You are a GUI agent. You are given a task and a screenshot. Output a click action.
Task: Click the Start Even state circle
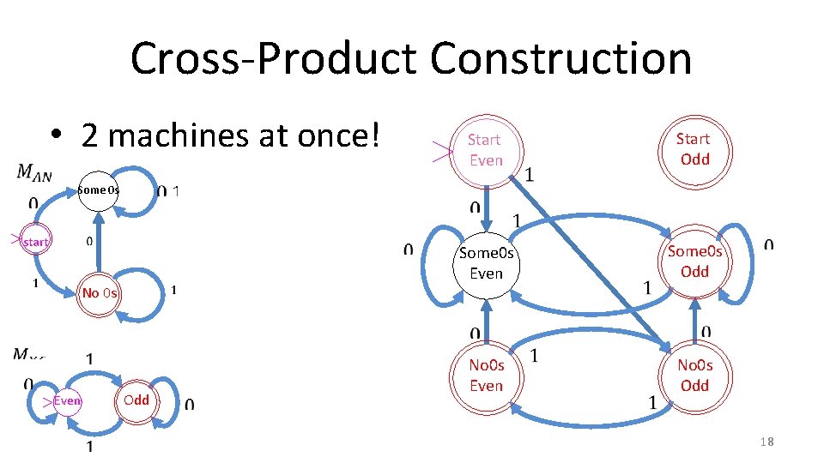click(485, 149)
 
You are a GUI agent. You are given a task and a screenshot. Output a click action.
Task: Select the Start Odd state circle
click(693, 148)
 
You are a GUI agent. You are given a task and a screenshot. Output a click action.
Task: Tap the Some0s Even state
click(486, 262)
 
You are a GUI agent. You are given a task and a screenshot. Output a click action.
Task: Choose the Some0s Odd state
click(694, 261)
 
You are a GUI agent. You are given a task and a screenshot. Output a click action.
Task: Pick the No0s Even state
click(486, 376)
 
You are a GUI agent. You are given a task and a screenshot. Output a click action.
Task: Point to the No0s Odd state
click(694, 376)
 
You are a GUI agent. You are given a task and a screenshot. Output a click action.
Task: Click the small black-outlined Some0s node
click(97, 189)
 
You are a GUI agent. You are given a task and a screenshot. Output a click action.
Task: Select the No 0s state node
click(100, 293)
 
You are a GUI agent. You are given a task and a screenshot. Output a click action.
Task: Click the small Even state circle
click(67, 400)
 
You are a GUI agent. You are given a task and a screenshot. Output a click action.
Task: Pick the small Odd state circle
click(136, 400)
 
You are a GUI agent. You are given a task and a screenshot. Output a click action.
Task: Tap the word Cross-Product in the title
click(274, 58)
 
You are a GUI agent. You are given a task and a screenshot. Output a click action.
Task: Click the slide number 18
click(766, 442)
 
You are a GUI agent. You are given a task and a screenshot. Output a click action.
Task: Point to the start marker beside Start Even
click(441, 152)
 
